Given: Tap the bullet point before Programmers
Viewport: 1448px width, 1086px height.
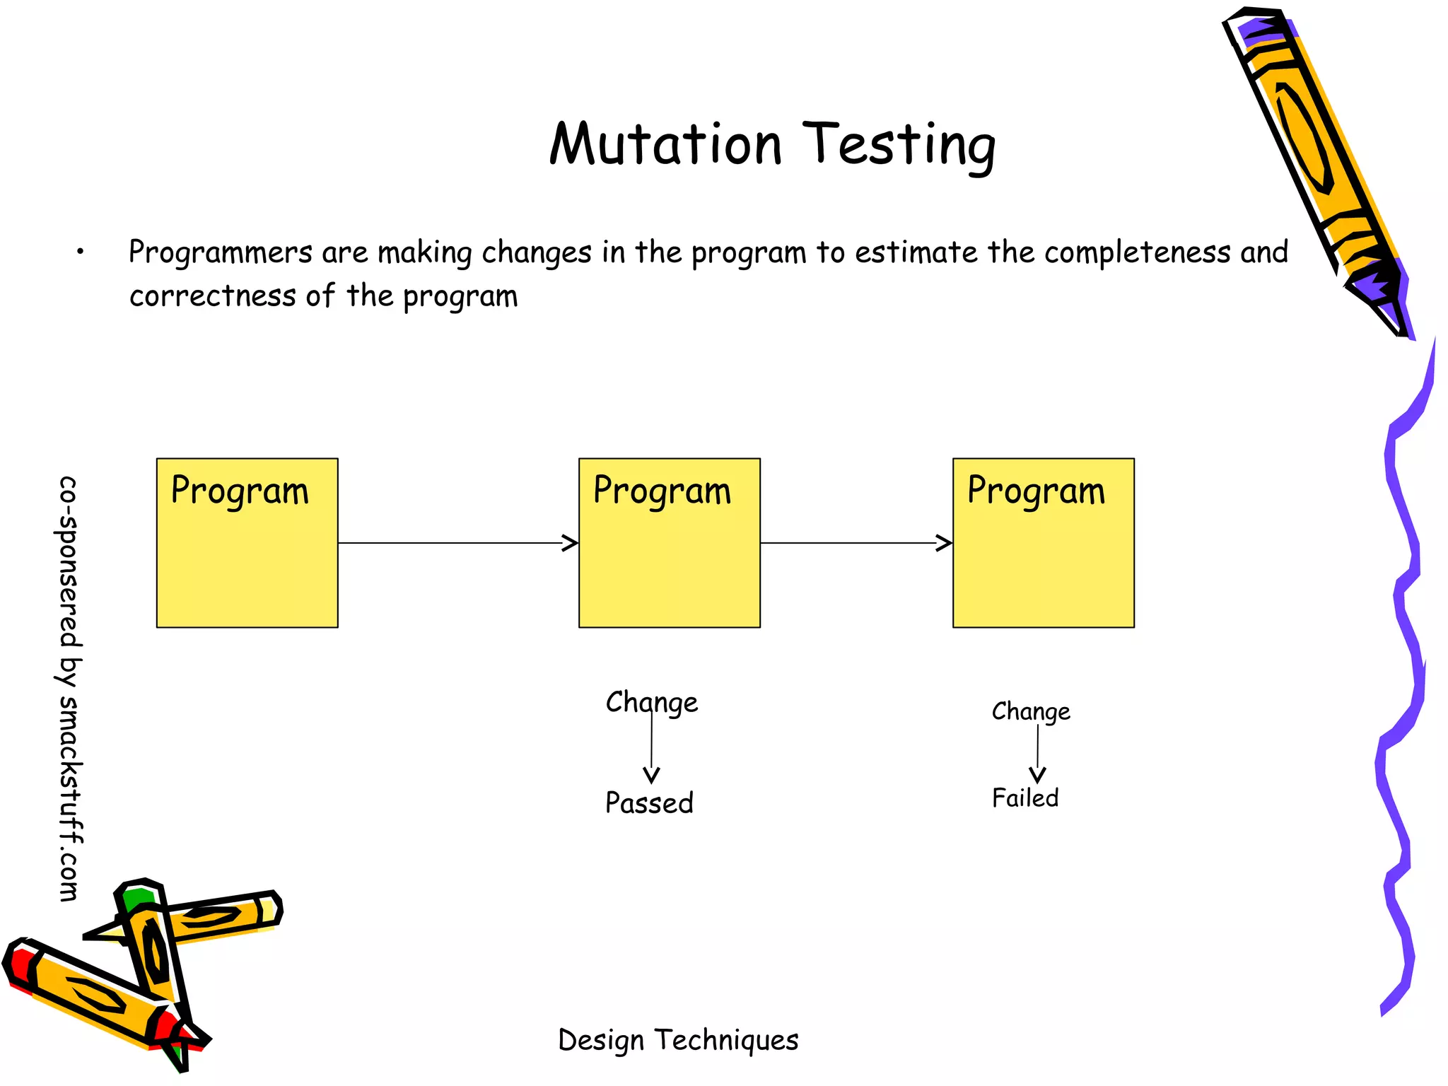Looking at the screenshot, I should click(x=81, y=251).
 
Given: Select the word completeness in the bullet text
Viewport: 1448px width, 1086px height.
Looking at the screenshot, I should click(x=1137, y=252).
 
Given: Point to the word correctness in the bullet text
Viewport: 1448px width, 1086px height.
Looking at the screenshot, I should click(x=212, y=296).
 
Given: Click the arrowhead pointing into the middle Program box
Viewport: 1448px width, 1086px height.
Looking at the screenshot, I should click(x=570, y=543).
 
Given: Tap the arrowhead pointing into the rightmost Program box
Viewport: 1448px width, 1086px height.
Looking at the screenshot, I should click(x=944, y=543).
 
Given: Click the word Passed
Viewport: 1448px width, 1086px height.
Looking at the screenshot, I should click(x=649, y=803).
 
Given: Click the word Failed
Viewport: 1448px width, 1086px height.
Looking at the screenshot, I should click(x=1024, y=798).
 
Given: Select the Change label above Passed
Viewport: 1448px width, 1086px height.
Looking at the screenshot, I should click(x=651, y=703).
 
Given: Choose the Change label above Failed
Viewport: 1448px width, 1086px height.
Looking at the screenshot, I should click(x=1030, y=711).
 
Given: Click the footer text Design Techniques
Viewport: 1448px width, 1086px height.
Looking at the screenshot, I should click(x=677, y=1040).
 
